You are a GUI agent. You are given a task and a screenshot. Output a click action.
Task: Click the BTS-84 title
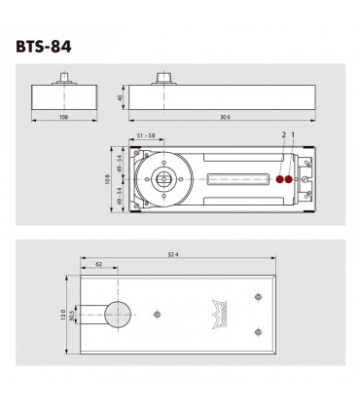pos(47,45)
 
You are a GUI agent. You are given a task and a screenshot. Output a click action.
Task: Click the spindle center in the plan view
pos(163,180)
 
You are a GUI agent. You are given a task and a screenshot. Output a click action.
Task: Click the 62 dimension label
pos(100,265)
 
